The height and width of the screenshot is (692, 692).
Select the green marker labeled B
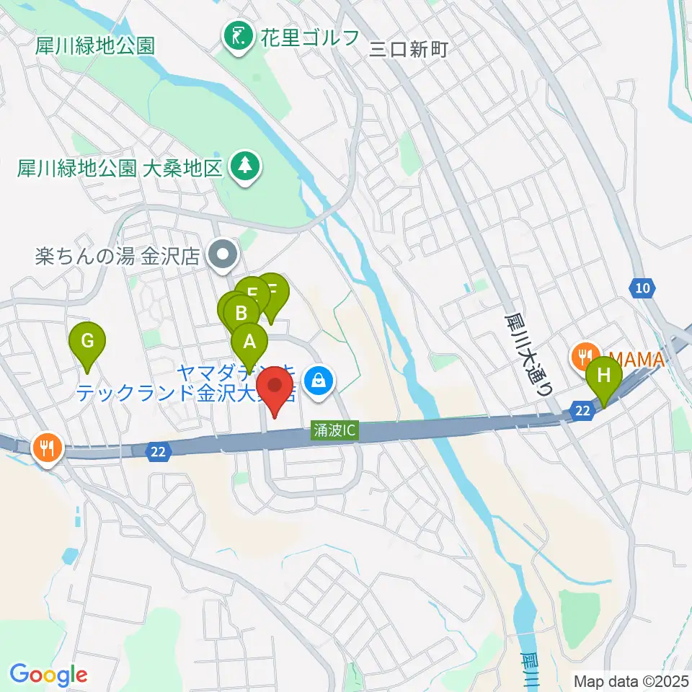(241, 313)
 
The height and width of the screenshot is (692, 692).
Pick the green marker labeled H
(604, 376)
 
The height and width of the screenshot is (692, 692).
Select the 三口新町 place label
(409, 49)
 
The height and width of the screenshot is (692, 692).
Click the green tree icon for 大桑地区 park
(246, 167)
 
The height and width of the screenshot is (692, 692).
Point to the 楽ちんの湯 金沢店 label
(117, 257)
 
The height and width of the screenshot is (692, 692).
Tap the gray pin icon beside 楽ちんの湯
(223, 254)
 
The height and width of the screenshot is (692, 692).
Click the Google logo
(48, 675)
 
